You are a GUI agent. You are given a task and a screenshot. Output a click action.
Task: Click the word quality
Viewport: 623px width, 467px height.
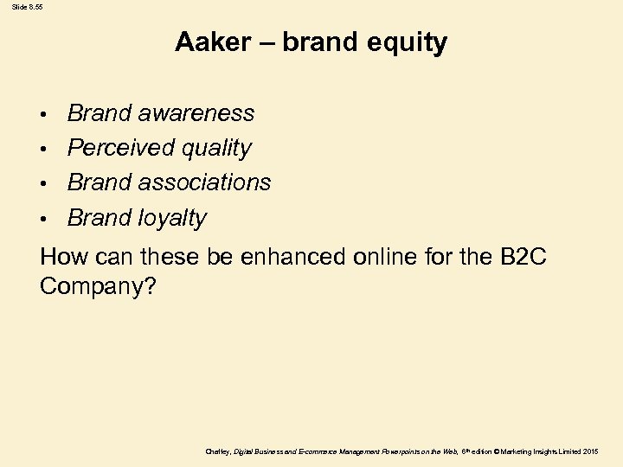coord(215,149)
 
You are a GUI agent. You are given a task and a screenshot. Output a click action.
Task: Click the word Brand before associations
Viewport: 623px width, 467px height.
coord(99,182)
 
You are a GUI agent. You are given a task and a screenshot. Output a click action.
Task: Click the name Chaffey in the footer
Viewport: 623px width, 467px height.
coord(218,452)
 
